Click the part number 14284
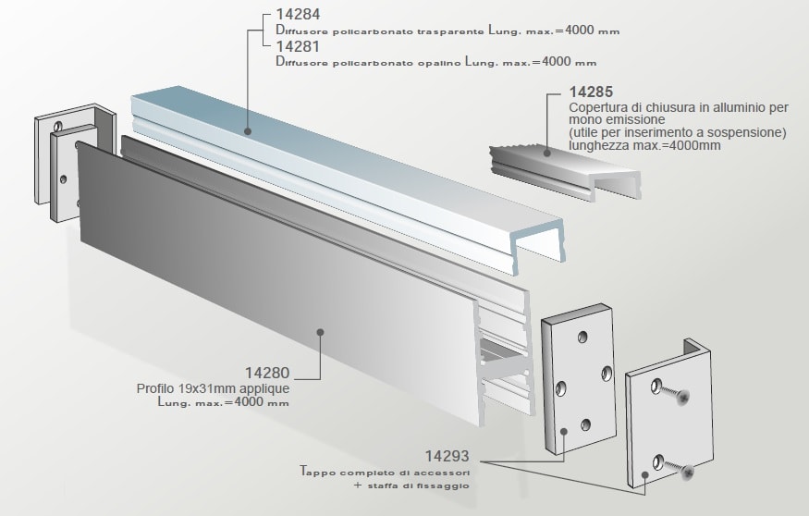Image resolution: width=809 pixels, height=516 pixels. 295,17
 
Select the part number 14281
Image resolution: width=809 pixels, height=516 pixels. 295,47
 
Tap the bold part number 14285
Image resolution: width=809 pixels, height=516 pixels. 592,92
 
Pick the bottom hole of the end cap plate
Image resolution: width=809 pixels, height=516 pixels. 584,425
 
